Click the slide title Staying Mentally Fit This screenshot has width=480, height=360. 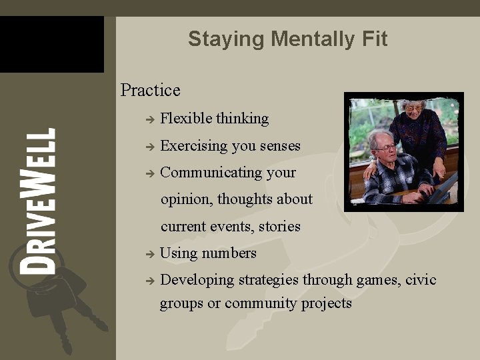click(x=287, y=39)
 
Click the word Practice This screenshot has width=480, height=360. click(x=150, y=90)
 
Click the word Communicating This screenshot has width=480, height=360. click(x=211, y=173)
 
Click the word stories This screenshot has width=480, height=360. click(x=279, y=227)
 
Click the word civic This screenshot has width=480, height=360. click(x=421, y=280)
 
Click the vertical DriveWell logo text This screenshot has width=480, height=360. click(x=37, y=201)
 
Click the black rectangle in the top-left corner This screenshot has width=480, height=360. click(x=51, y=44)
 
